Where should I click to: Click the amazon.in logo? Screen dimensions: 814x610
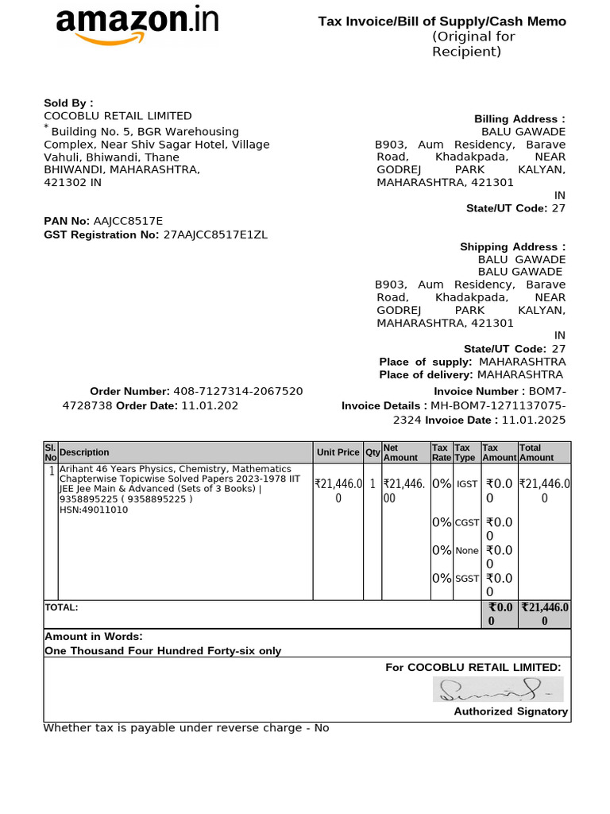pos(137,24)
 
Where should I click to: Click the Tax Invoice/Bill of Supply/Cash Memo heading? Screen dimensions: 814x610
pos(442,21)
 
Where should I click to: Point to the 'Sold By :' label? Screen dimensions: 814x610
pos(68,103)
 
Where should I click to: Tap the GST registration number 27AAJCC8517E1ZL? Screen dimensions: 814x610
pos(215,235)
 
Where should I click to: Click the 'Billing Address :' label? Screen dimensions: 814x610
pos(519,119)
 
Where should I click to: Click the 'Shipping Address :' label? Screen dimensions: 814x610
pos(512,247)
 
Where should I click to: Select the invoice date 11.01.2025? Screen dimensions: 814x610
pos(534,420)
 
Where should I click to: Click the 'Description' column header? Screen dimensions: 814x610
pos(84,452)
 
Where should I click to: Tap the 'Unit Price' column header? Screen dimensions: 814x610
pos(338,452)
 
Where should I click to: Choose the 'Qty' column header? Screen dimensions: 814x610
pos(372,452)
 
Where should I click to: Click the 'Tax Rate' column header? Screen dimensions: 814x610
pos(441,452)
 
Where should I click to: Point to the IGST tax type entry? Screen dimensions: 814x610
pos(467,484)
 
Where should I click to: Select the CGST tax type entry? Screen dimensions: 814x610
pos(467,522)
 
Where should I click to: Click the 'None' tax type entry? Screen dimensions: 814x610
pos(467,550)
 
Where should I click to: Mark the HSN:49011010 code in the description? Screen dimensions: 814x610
pos(94,510)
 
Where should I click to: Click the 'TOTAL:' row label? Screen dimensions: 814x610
pos(61,607)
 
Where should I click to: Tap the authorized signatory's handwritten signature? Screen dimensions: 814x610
pos(497,689)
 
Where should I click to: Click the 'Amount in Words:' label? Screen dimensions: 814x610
pos(94,637)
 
